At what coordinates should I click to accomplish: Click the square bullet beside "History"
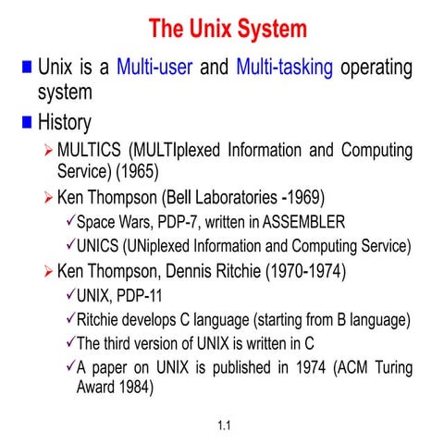(x=26, y=121)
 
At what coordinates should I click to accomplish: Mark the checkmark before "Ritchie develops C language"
(x=68, y=320)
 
